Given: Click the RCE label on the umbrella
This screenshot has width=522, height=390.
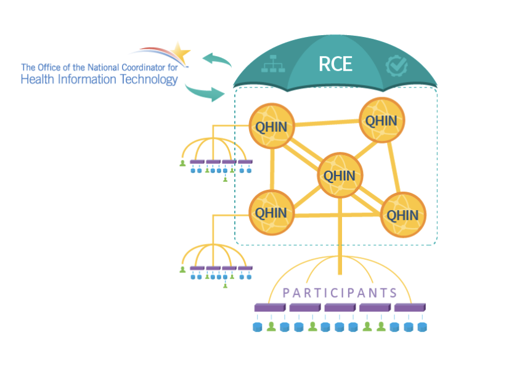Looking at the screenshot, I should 335,63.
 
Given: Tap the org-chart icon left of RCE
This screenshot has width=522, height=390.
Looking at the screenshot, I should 270,63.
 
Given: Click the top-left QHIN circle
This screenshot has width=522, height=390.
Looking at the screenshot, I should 271,126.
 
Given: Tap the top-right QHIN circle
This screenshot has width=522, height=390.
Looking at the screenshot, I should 381,120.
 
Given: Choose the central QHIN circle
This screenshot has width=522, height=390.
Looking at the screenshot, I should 340,176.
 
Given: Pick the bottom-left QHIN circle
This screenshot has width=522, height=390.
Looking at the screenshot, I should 271,213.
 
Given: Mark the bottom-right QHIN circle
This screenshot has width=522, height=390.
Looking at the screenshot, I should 402,215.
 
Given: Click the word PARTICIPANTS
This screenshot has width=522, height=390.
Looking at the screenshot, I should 340,293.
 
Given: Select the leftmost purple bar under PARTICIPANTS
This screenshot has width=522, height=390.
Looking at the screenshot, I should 270,307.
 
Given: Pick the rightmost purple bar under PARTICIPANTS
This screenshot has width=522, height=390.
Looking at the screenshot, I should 410,307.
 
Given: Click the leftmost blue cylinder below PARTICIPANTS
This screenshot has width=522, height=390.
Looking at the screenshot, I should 258,327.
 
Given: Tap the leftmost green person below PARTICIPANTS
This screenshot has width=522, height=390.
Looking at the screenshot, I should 271,327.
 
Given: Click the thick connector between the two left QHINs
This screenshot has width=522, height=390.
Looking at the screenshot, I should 271,170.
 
